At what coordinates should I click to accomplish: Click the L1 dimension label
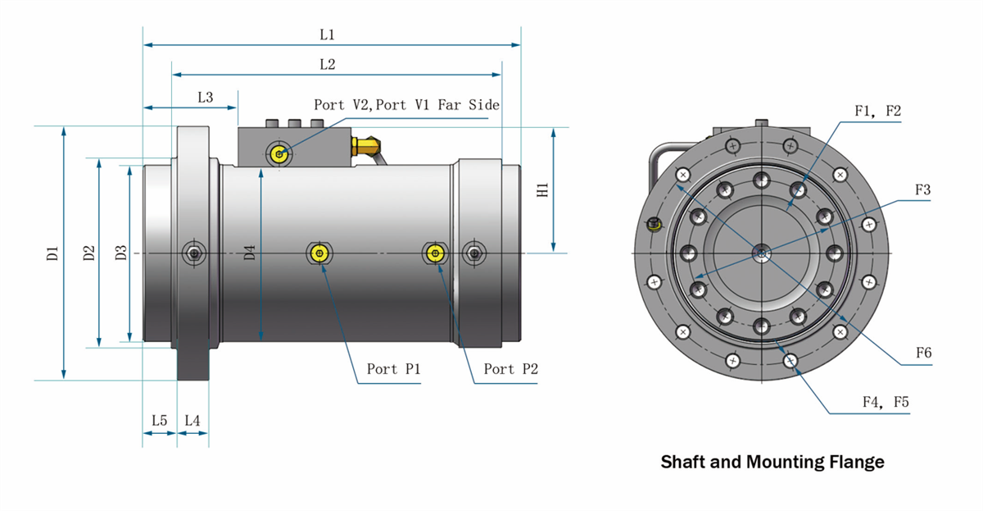pos(327,35)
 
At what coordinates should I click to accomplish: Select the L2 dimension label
pos(327,64)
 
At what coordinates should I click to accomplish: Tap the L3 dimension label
pos(205,97)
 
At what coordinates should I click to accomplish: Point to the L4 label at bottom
pos(193,420)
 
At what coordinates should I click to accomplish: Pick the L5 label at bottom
pos(159,420)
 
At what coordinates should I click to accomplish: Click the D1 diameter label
pos(53,253)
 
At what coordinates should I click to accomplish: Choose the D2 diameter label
pos(89,253)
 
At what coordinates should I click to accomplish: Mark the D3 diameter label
pos(120,253)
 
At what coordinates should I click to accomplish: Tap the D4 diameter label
pos(250,253)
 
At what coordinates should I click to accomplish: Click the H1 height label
pos(541,189)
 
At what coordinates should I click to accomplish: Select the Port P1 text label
pos(393,369)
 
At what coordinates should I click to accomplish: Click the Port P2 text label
pos(510,369)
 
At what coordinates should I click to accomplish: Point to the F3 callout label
pos(923,189)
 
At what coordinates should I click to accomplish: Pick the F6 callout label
pos(923,354)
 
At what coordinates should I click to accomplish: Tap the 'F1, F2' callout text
pos(877,111)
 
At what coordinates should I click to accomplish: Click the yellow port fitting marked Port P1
pos(319,253)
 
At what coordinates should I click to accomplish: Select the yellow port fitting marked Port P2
pos(434,253)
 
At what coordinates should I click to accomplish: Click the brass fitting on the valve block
pos(365,146)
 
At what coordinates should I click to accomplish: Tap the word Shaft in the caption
pos(683,462)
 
